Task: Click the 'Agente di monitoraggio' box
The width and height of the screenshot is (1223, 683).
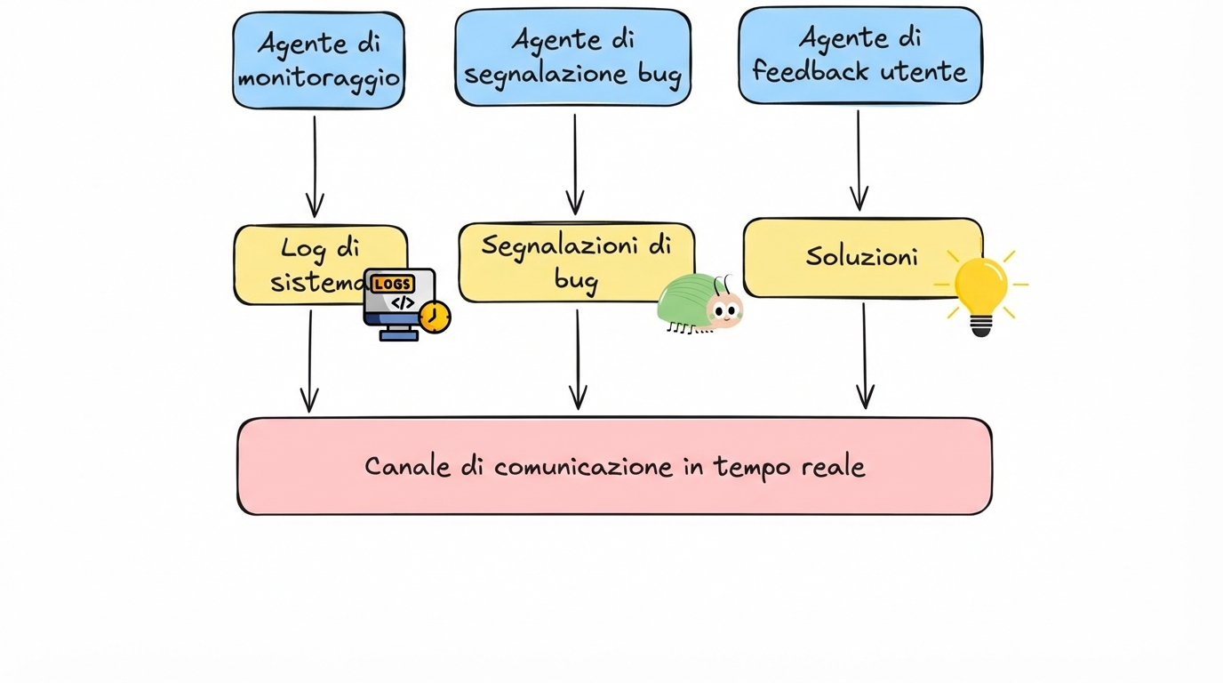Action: (x=318, y=60)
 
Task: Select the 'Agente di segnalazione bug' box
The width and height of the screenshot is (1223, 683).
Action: (x=572, y=57)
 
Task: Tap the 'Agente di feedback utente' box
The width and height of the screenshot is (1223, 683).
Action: (x=859, y=55)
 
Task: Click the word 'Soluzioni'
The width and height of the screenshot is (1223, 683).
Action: (x=861, y=257)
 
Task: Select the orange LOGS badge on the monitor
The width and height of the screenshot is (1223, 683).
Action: (x=393, y=284)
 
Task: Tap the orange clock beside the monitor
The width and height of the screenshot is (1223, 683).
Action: (x=435, y=317)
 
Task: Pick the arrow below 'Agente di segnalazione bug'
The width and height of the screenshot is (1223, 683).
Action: (x=575, y=164)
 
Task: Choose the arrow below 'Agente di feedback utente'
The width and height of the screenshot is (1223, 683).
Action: (x=859, y=160)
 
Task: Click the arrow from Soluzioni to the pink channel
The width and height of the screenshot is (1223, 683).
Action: (x=864, y=356)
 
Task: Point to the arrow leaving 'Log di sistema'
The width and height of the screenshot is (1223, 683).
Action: (x=309, y=360)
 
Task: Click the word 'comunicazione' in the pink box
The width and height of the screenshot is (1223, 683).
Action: (x=583, y=467)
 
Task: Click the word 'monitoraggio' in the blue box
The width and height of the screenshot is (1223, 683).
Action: (x=318, y=78)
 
